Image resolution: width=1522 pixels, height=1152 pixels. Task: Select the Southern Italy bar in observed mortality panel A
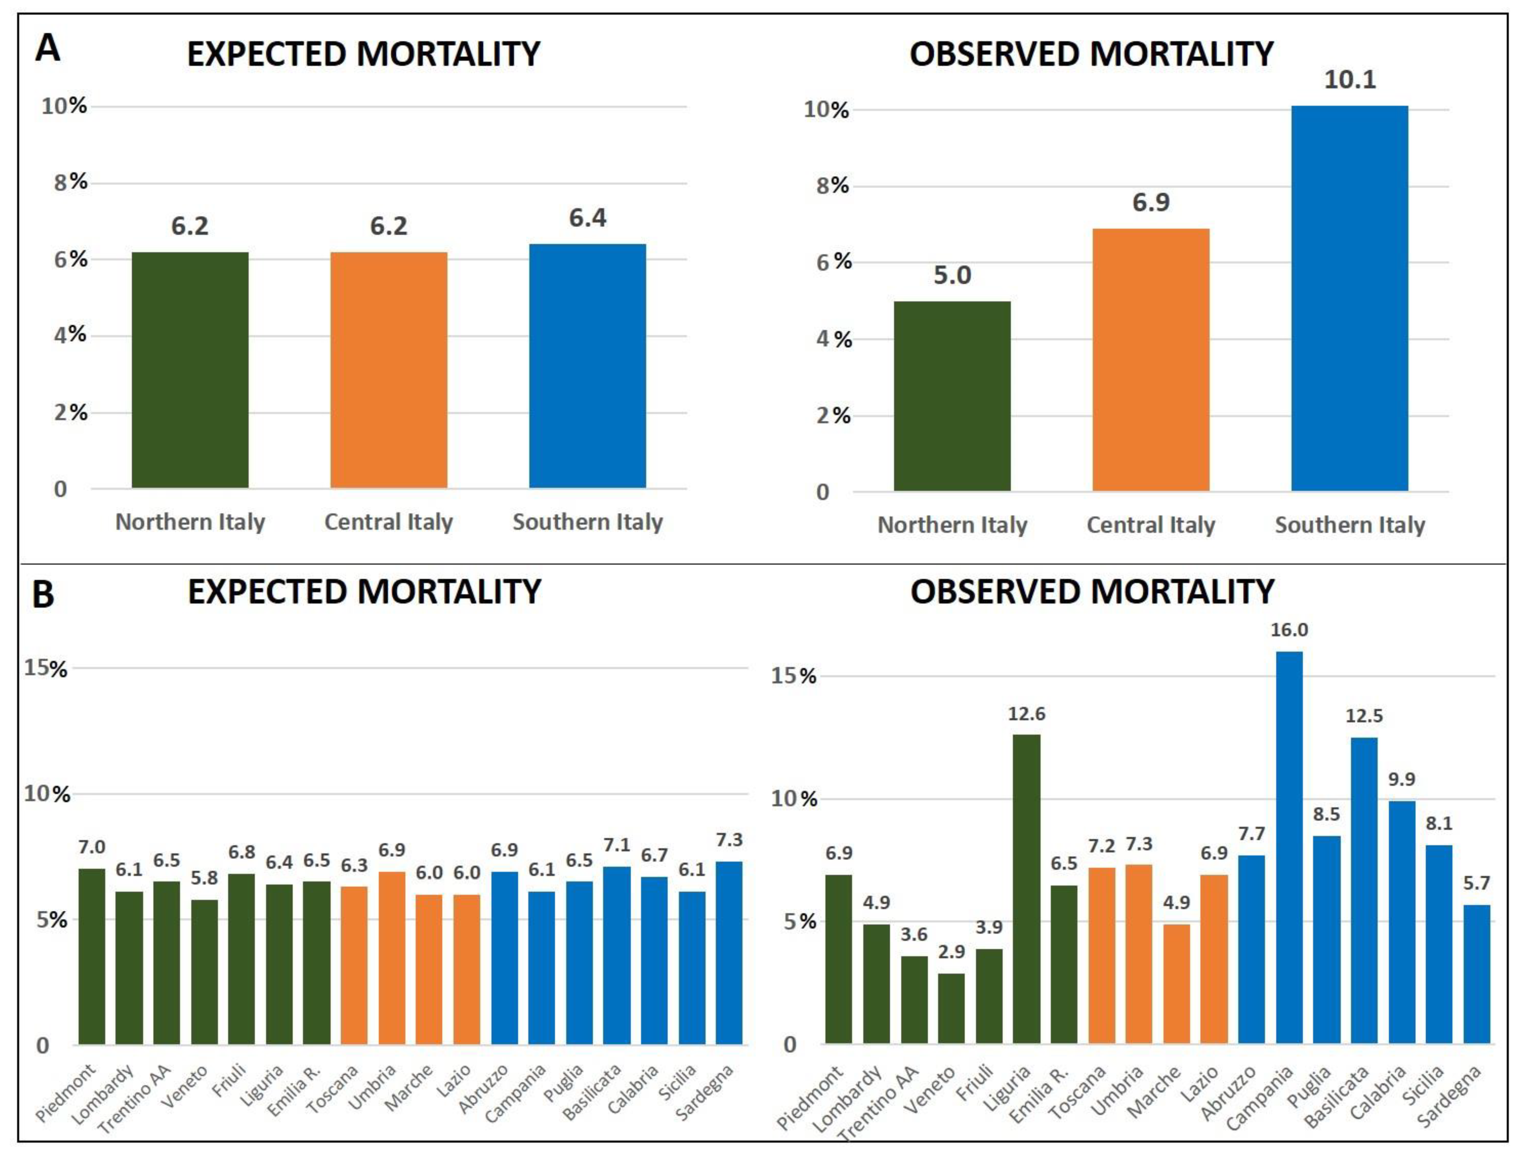pos(1349,299)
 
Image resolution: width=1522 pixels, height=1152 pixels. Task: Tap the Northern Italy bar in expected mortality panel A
pos(190,370)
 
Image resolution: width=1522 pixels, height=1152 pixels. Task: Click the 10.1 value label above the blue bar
pos(1350,80)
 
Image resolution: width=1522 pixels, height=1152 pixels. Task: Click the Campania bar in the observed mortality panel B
pos(1290,848)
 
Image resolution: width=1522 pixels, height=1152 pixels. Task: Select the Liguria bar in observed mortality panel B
pos(1027,889)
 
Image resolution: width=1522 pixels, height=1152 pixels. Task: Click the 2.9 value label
pos(952,952)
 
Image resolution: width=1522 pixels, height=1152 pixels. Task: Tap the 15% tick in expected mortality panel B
pos(46,668)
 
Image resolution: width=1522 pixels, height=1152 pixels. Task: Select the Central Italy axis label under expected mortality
pos(389,522)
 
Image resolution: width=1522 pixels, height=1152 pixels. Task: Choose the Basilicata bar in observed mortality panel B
pos(1365,890)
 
